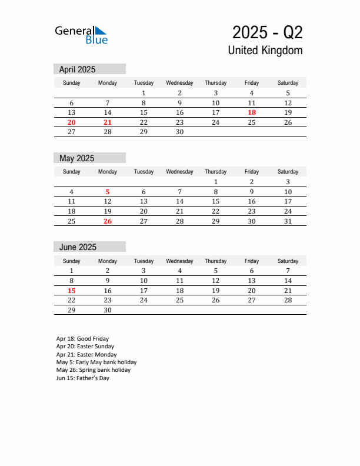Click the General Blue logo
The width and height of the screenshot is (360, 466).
pos(81,35)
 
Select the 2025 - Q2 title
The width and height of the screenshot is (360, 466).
pos(267,32)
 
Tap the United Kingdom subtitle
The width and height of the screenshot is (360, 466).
pos(265,51)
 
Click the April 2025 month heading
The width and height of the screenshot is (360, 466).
pos(77,69)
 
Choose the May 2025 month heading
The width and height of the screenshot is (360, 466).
pos(76,158)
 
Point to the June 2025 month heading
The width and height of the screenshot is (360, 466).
pos(78,247)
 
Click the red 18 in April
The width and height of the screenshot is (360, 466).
pos(252,112)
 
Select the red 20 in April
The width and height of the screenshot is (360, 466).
pos(72,122)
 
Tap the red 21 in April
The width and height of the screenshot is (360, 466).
pos(108,122)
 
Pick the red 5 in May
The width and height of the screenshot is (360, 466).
pos(108,192)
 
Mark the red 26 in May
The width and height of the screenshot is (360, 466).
pos(108,221)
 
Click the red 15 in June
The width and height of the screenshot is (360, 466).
pos(72,291)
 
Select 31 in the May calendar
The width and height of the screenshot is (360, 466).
pos(288,221)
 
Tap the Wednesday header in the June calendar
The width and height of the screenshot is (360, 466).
pos(179,261)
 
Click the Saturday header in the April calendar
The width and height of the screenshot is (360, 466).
pos(288,83)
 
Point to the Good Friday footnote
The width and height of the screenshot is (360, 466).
pos(82,339)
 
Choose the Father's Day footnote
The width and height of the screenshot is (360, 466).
pos(83,378)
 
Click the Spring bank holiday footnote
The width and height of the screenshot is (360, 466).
pos(94,370)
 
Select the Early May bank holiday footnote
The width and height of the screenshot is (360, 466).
pos(96,362)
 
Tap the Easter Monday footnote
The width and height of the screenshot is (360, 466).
pos(86,355)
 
